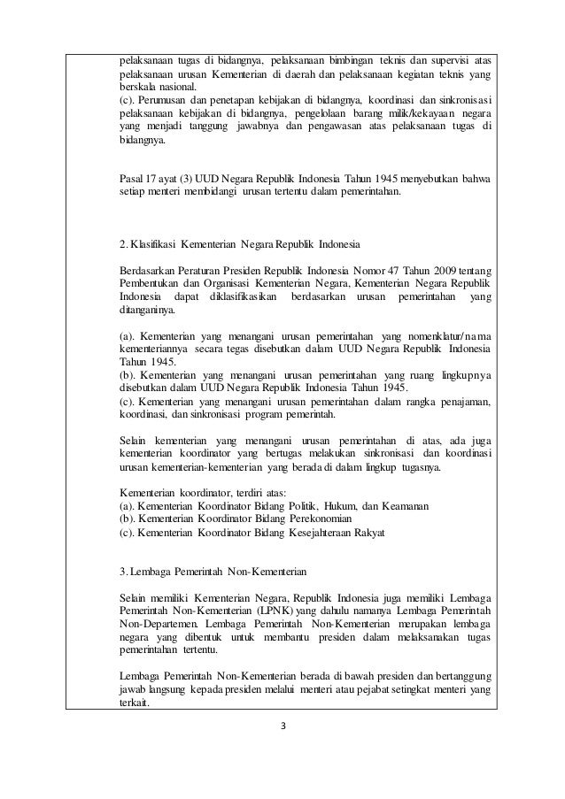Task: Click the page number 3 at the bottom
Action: click(x=282, y=728)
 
